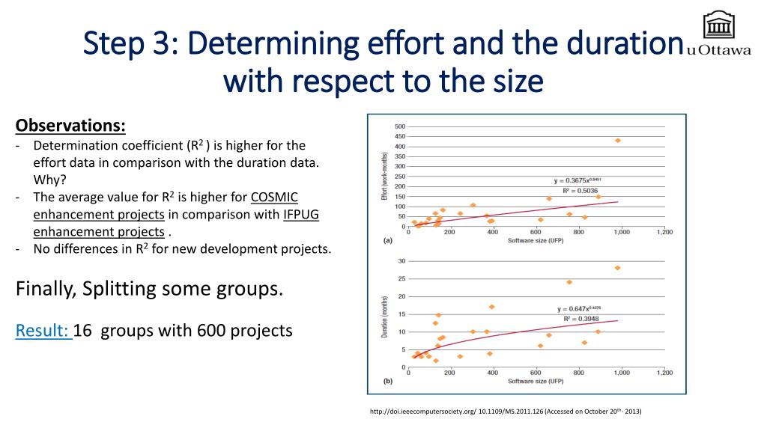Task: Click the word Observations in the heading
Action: pos(70,125)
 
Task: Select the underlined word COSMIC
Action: pos(274,198)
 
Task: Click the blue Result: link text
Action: pos(43,330)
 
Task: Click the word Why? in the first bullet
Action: pos(49,180)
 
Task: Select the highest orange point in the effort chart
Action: pos(618,141)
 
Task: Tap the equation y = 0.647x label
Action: pos(578,308)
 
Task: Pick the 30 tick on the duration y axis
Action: pos(401,261)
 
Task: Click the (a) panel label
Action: pos(387,241)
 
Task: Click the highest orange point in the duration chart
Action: pos(618,268)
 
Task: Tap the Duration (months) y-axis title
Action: pos(384,315)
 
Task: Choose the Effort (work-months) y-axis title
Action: pos(383,177)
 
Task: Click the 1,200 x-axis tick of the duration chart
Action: pos(663,373)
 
